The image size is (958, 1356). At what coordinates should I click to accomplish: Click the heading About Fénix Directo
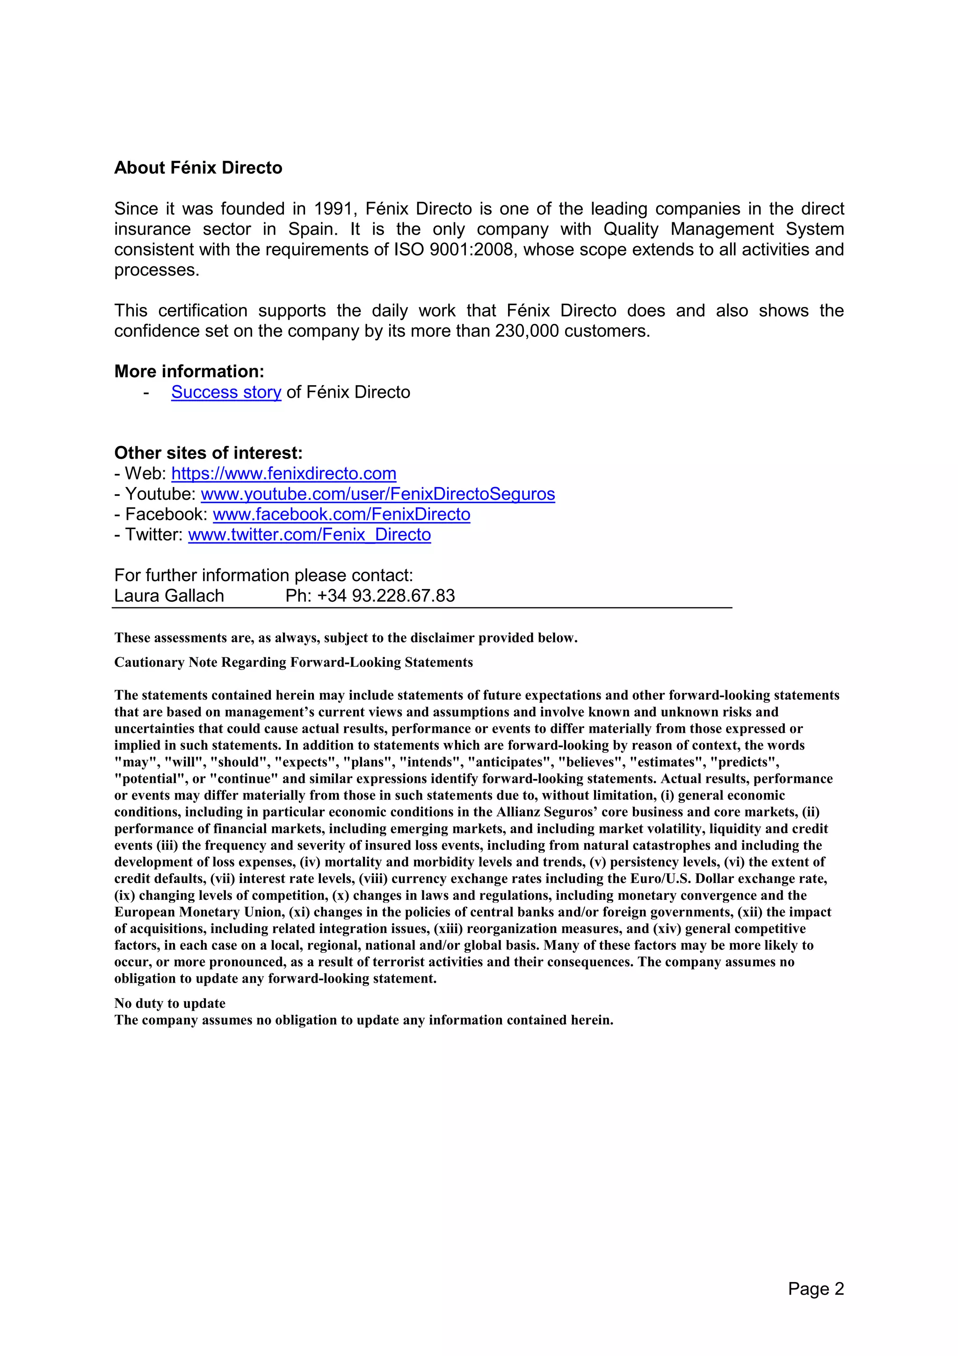[198, 168]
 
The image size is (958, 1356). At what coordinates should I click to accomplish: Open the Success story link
[226, 392]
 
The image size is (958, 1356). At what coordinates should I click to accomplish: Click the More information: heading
[189, 372]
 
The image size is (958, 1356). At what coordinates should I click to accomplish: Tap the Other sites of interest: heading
[208, 453]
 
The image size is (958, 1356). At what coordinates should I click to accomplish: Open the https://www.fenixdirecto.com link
[283, 474]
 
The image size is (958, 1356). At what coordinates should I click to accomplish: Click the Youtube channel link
[378, 494]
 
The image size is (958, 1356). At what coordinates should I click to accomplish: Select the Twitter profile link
[309, 534]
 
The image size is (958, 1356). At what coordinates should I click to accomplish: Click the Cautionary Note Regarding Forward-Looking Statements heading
[293, 662]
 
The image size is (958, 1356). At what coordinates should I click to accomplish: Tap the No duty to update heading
[169, 1003]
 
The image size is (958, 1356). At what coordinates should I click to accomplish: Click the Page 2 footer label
[816, 1289]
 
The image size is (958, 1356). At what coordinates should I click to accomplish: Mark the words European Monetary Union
[200, 912]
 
